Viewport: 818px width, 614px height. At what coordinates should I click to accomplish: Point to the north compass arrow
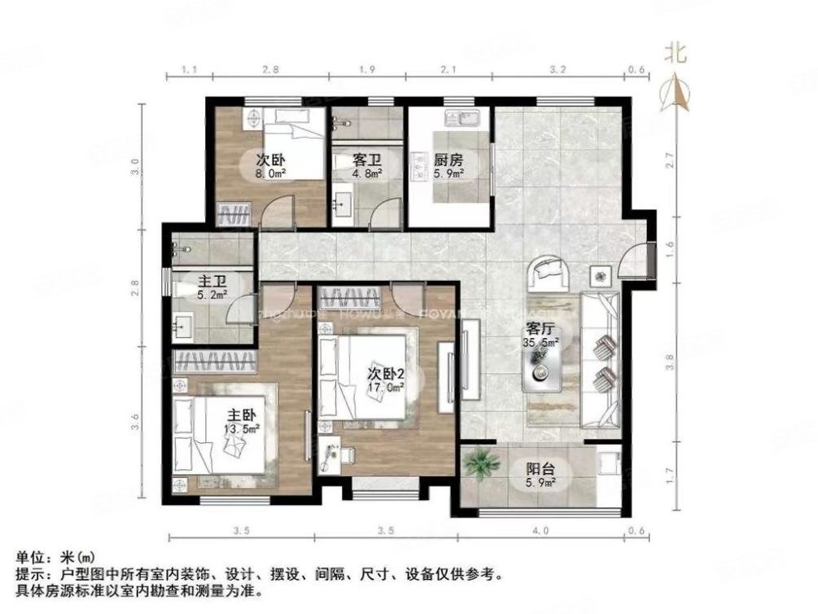click(x=676, y=91)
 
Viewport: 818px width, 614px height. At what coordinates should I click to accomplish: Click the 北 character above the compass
click(x=676, y=55)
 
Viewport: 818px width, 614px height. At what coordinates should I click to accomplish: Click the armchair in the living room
click(x=549, y=273)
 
